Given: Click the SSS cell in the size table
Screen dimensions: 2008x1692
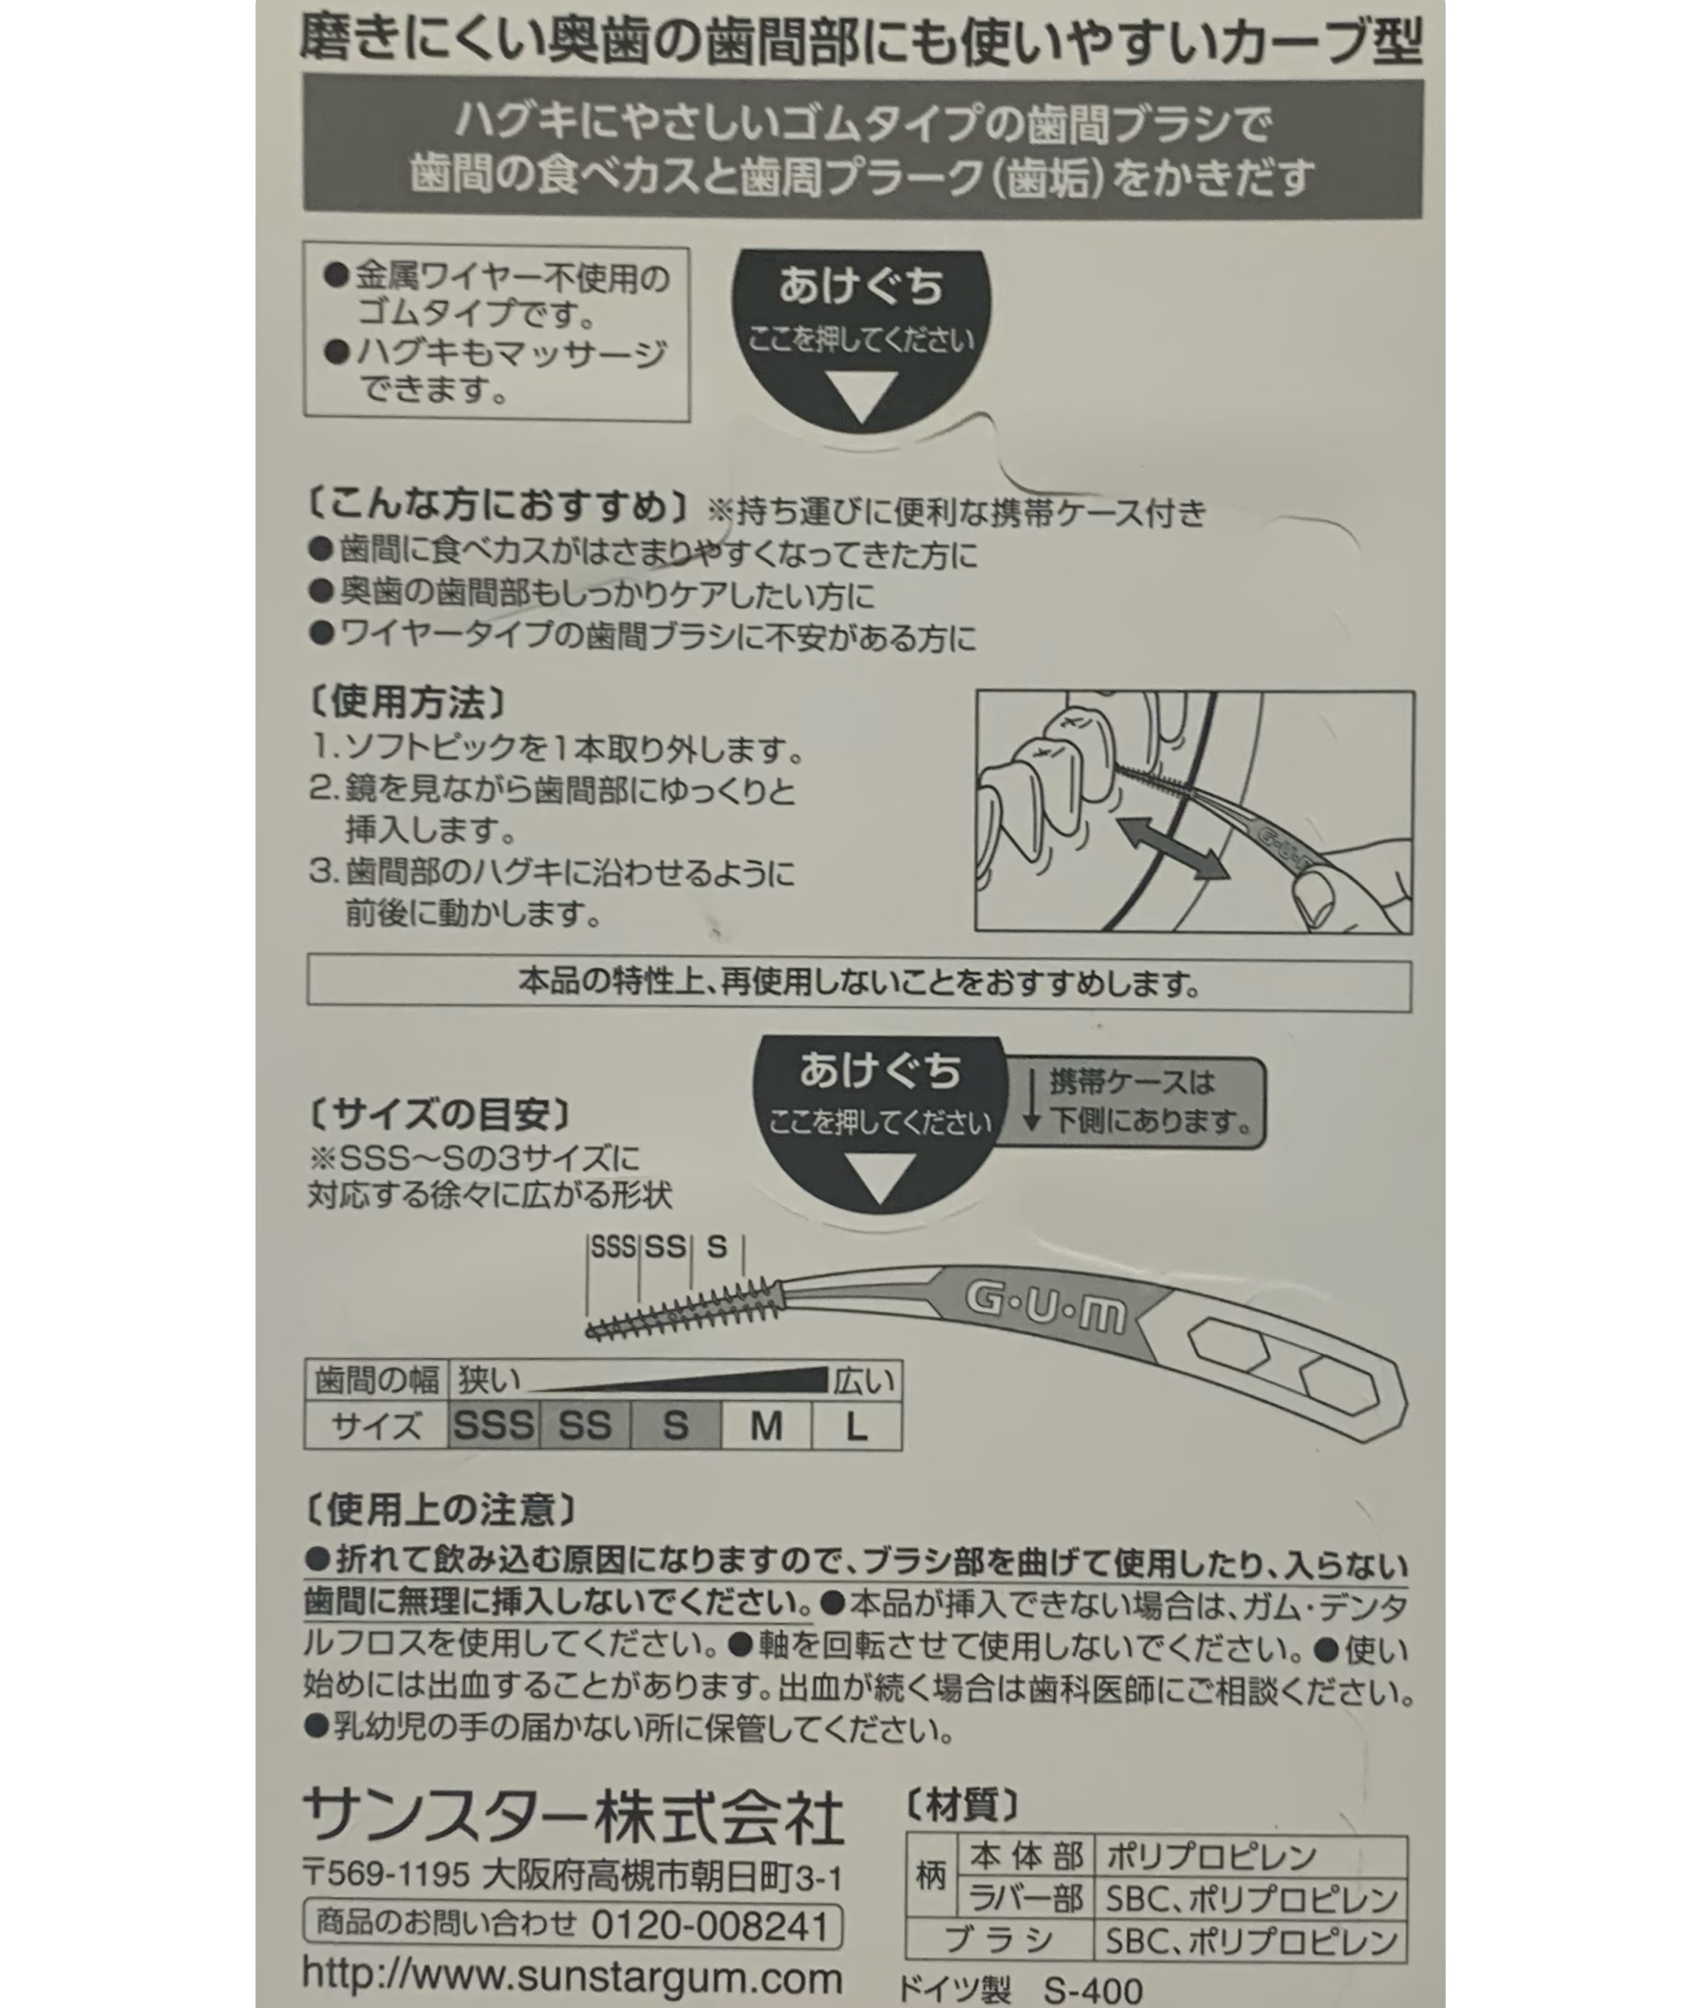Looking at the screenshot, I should pos(493,1426).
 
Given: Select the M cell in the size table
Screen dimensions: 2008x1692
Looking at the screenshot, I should pos(766,1426).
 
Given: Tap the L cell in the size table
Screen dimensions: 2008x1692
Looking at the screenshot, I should pos(856,1426).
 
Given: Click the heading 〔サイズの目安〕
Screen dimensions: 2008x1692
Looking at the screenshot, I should pos(440,1114).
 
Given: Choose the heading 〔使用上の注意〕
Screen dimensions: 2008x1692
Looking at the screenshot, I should pos(440,1510).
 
